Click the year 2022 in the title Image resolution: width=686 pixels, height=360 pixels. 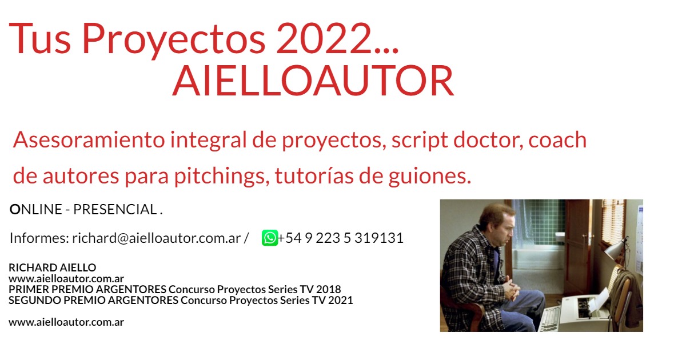(x=323, y=39)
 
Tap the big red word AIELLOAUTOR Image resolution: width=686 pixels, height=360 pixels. (x=313, y=81)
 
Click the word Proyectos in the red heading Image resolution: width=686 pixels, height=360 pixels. (x=174, y=41)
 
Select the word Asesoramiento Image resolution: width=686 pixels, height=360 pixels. (x=89, y=139)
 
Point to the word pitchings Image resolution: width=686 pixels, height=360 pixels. (x=222, y=176)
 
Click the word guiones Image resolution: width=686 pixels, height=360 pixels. (x=430, y=177)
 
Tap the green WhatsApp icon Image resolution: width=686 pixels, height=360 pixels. (x=270, y=238)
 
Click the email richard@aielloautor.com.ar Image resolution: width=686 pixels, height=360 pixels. (x=157, y=238)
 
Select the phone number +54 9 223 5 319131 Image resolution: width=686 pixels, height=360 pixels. (x=341, y=238)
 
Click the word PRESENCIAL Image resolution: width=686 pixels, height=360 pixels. (x=115, y=210)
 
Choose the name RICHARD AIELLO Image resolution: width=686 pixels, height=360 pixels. (x=53, y=267)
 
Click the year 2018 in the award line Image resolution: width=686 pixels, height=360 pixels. (x=329, y=289)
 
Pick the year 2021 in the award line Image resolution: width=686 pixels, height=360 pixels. (x=341, y=301)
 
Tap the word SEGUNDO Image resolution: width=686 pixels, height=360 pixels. (x=35, y=301)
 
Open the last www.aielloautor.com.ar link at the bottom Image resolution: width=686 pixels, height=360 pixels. (x=66, y=322)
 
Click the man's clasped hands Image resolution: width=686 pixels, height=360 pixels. (x=511, y=289)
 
